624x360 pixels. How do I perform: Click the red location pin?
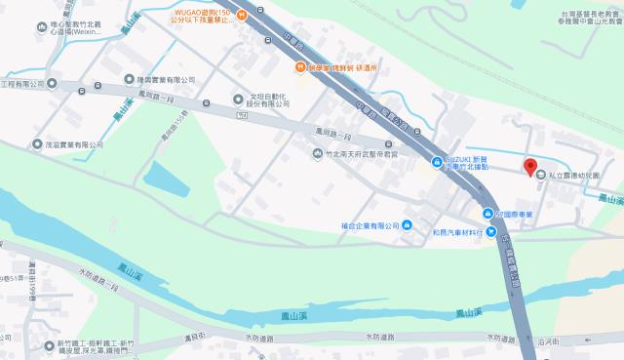click(x=531, y=167)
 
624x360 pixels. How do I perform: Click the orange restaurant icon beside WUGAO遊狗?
click(x=302, y=66)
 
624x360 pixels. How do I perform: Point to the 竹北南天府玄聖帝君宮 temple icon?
click(x=318, y=155)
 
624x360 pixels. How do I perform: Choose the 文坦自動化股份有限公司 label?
click(x=267, y=100)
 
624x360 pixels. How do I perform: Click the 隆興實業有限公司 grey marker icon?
click(x=130, y=79)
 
